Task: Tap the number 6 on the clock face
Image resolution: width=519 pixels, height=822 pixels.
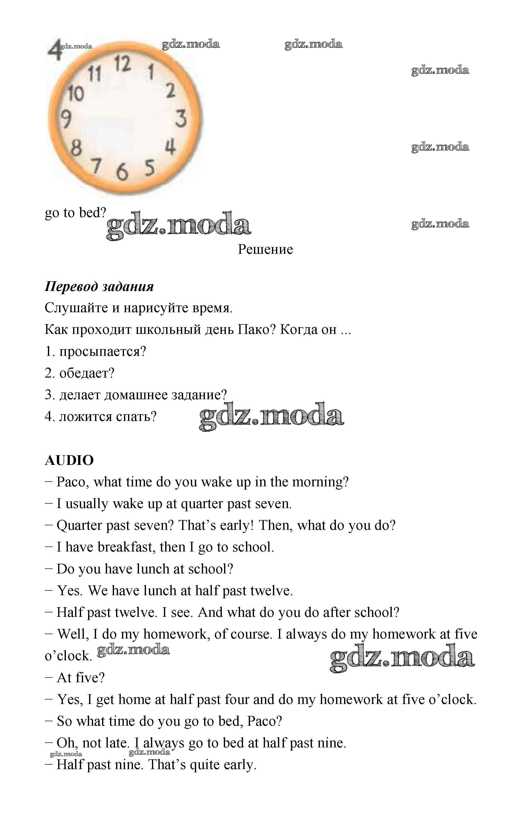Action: [x=122, y=171]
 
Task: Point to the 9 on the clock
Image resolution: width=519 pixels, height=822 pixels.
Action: [x=66, y=119]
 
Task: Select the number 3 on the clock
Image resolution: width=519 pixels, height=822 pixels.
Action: [x=181, y=118]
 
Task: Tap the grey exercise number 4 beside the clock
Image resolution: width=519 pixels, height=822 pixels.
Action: [x=54, y=50]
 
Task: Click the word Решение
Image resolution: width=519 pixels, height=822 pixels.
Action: [x=265, y=250]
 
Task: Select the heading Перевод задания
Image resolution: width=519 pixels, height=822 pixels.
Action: [x=99, y=286]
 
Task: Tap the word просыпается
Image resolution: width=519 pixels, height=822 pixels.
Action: [x=102, y=352]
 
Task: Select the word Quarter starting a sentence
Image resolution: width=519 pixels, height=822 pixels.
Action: [x=79, y=525]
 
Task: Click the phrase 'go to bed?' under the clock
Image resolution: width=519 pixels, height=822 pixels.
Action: [x=75, y=213]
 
